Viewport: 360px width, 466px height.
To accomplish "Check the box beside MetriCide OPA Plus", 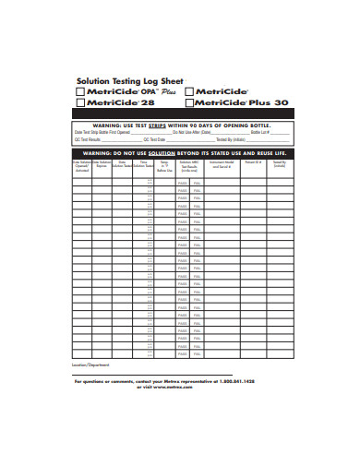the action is (79, 92).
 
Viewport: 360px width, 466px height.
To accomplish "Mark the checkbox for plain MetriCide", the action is (189, 92).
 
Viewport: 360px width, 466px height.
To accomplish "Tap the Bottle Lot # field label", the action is (260, 132).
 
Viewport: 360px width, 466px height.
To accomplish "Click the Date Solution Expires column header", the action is (102, 165).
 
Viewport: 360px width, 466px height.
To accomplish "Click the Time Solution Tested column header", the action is (143, 164).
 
